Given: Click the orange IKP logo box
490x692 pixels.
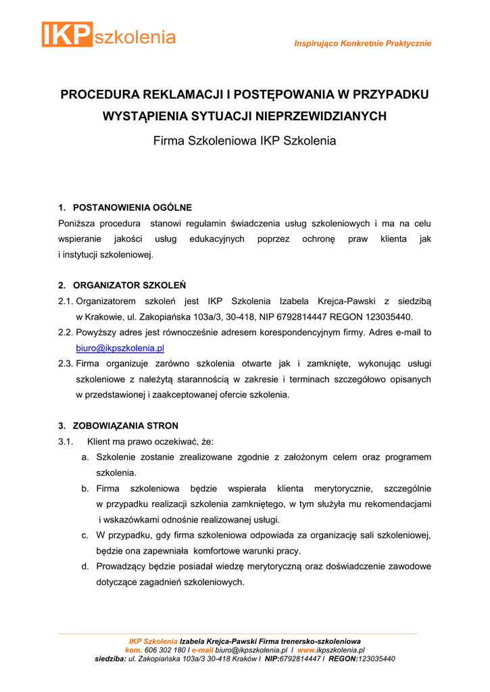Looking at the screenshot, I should pyautogui.click(x=67, y=34).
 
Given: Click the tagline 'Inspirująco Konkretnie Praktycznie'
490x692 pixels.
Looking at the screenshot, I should pyautogui.click(x=362, y=44).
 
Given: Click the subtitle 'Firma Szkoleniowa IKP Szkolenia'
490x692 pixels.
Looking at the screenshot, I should pyautogui.click(x=245, y=141).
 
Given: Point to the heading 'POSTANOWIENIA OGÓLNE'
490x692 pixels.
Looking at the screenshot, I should pyautogui.click(x=132, y=207).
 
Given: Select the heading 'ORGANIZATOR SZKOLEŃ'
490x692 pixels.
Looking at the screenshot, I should pyautogui.click(x=129, y=285).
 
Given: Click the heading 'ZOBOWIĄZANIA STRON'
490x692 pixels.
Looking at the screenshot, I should pyautogui.click(x=126, y=426).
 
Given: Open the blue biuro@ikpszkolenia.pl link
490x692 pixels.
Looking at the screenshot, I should pyautogui.click(x=120, y=349).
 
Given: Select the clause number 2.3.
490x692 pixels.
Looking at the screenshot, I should pyautogui.click(x=66, y=364).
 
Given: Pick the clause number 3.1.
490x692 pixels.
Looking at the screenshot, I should pyautogui.click(x=66, y=442).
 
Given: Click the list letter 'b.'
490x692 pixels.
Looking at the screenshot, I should pyautogui.click(x=86, y=489).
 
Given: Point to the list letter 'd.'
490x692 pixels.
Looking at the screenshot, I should pyautogui.click(x=86, y=566).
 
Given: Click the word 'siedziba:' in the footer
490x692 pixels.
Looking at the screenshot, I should pyautogui.click(x=110, y=659).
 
